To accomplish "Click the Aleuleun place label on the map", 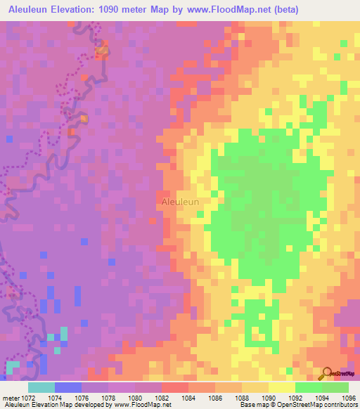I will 180,202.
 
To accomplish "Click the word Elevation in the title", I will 82,9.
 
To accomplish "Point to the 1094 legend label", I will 322,398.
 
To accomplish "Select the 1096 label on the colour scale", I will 347,398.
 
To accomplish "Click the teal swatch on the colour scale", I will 41,387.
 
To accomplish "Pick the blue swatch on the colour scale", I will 68,387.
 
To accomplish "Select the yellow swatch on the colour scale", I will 281,387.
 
